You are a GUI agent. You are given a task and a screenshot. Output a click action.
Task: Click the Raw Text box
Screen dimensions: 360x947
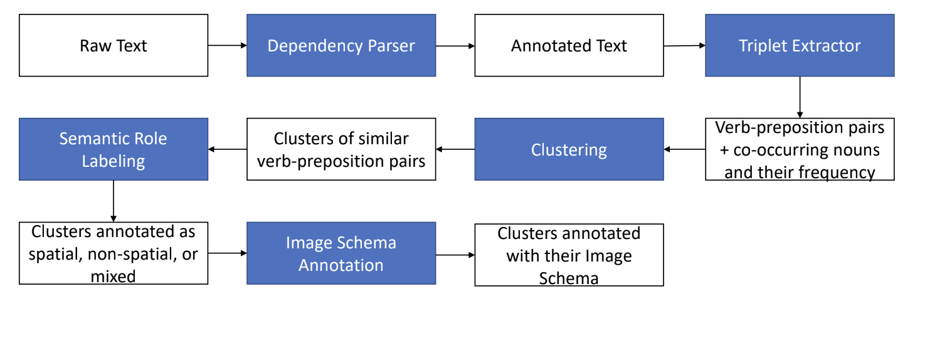114,46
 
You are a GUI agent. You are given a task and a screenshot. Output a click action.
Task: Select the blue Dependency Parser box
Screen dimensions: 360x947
341,46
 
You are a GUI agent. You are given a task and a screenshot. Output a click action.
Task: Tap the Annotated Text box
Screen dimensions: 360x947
569,46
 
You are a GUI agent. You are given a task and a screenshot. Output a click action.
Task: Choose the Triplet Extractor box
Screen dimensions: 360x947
800,46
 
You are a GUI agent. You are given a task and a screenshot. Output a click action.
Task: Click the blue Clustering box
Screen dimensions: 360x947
569,149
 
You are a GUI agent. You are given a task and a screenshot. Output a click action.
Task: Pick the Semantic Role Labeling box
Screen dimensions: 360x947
114,149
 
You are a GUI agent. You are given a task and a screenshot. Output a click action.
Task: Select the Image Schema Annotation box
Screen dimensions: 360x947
341,253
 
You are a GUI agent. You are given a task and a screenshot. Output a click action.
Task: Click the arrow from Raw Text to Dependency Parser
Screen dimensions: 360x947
227,46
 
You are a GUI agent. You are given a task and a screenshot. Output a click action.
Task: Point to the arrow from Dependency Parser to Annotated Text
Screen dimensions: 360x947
455,46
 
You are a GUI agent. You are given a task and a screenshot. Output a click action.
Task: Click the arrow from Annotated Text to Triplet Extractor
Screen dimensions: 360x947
684,46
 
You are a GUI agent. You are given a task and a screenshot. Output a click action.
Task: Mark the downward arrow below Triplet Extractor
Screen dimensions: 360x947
800,97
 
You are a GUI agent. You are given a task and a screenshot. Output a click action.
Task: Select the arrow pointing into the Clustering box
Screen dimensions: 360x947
684,149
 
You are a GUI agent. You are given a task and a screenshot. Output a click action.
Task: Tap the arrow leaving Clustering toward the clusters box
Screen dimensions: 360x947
455,149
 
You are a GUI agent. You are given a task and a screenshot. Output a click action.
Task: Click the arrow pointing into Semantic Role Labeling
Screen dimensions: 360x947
227,149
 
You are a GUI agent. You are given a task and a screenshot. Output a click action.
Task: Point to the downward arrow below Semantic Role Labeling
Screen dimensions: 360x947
114,201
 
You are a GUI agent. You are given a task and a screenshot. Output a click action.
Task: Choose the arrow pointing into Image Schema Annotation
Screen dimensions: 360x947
227,253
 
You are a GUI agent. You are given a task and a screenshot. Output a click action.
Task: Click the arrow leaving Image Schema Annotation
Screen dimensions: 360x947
455,255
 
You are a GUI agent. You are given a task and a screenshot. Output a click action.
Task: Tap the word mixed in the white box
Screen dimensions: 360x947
114,276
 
